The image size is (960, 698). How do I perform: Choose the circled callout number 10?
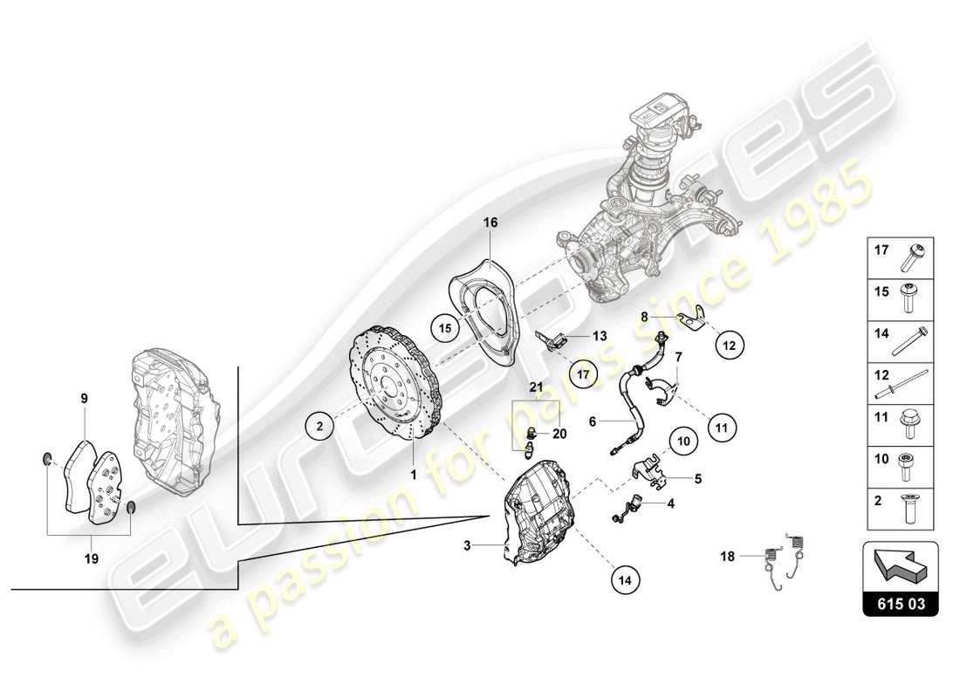(684, 441)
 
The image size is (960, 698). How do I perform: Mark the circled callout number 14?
(626, 578)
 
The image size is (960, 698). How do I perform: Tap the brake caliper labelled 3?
(537, 522)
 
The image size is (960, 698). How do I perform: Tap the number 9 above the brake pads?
(85, 399)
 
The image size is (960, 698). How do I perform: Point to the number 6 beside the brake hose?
(592, 421)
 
